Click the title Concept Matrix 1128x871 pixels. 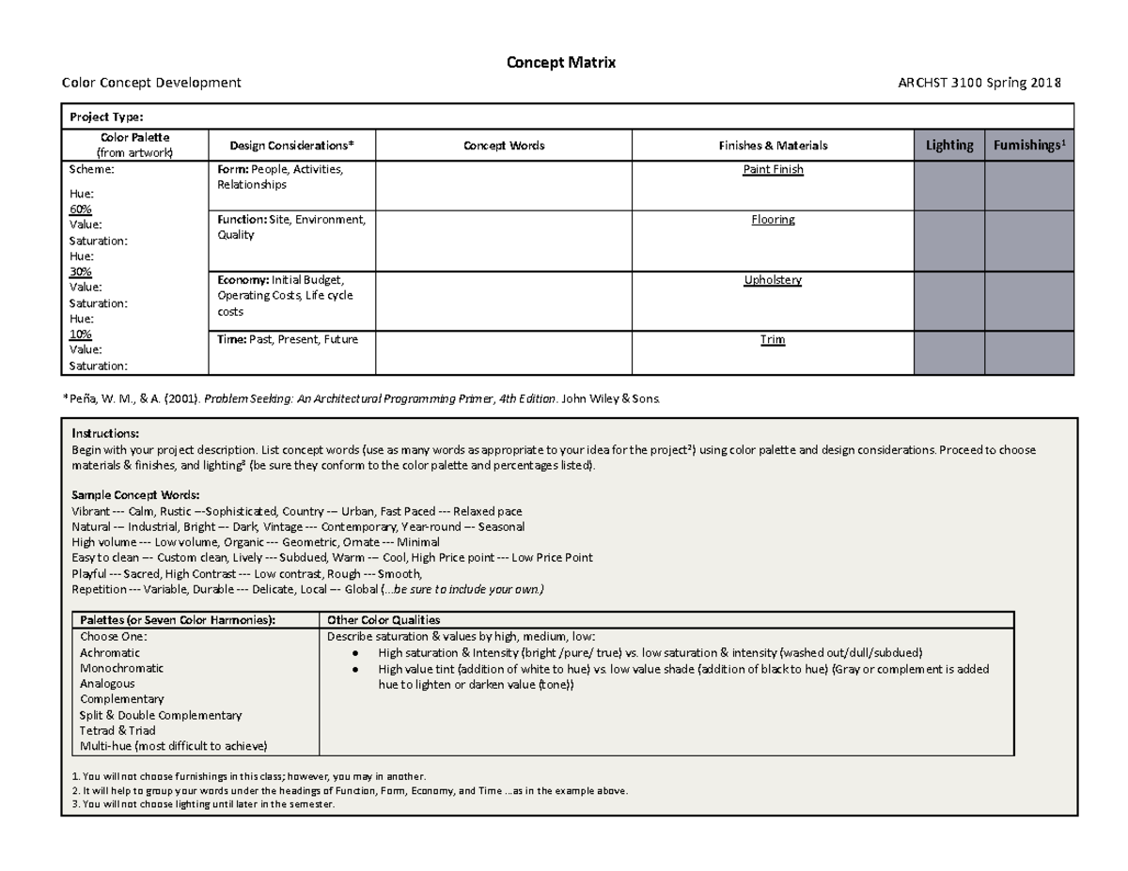click(x=561, y=63)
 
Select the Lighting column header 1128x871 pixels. click(x=948, y=145)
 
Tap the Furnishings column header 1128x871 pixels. click(x=1027, y=145)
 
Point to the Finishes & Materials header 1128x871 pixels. click(x=773, y=146)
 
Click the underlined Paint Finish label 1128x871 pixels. click(x=773, y=170)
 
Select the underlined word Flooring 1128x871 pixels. click(x=773, y=219)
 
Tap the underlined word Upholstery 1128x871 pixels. click(x=773, y=280)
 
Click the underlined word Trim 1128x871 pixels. click(x=773, y=340)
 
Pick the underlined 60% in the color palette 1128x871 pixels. click(x=82, y=209)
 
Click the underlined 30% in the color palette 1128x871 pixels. click(x=82, y=271)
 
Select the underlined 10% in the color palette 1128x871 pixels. click(x=82, y=334)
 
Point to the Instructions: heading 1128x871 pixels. click(x=105, y=434)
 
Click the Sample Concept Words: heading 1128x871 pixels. click(x=135, y=495)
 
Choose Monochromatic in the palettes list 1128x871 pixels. click(x=121, y=668)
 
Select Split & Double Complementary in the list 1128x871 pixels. click(x=161, y=715)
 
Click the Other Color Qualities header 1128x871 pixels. click(x=384, y=620)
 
